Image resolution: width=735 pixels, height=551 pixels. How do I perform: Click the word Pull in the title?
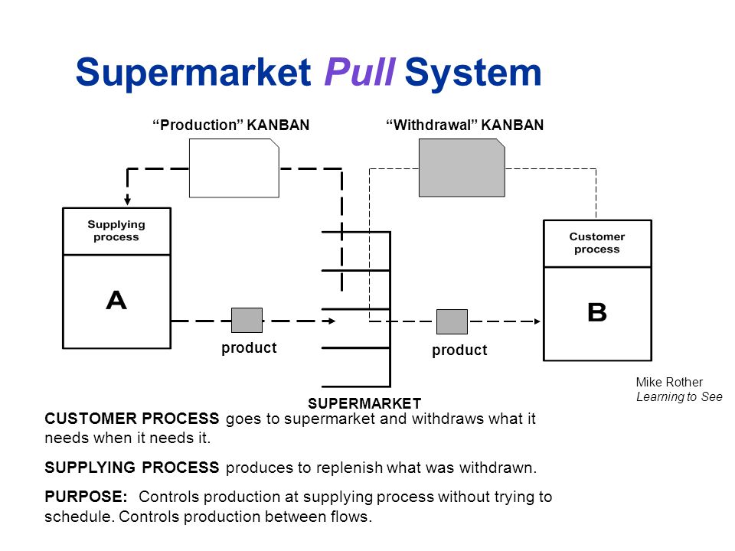[x=360, y=73]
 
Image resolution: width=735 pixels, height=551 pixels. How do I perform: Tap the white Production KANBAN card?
[x=234, y=168]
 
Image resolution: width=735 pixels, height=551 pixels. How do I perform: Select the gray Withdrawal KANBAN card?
[x=462, y=168]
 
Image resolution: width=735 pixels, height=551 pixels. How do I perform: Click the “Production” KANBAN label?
[x=231, y=125]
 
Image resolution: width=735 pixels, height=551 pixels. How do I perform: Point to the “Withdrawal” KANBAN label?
[x=464, y=125]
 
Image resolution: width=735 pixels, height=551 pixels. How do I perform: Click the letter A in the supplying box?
[x=116, y=301]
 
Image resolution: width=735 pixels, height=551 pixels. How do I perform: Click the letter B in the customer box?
[x=596, y=312]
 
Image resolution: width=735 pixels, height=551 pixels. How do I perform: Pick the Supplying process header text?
[x=116, y=230]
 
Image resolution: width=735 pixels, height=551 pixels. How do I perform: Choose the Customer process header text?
[x=597, y=243]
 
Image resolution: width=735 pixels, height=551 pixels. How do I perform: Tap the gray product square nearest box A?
[x=247, y=320]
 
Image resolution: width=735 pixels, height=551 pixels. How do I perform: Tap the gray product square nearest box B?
[x=452, y=321]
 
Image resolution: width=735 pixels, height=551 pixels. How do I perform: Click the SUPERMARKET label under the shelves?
[x=364, y=403]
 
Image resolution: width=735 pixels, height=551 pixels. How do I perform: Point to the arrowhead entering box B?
[x=537, y=321]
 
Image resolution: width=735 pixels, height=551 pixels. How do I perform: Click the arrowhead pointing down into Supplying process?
[x=128, y=201]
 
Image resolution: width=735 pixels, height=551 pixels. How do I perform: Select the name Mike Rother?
[x=669, y=383]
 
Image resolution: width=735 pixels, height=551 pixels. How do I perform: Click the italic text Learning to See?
[x=679, y=396]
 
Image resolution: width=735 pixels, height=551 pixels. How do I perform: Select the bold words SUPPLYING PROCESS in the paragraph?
[x=132, y=468]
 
